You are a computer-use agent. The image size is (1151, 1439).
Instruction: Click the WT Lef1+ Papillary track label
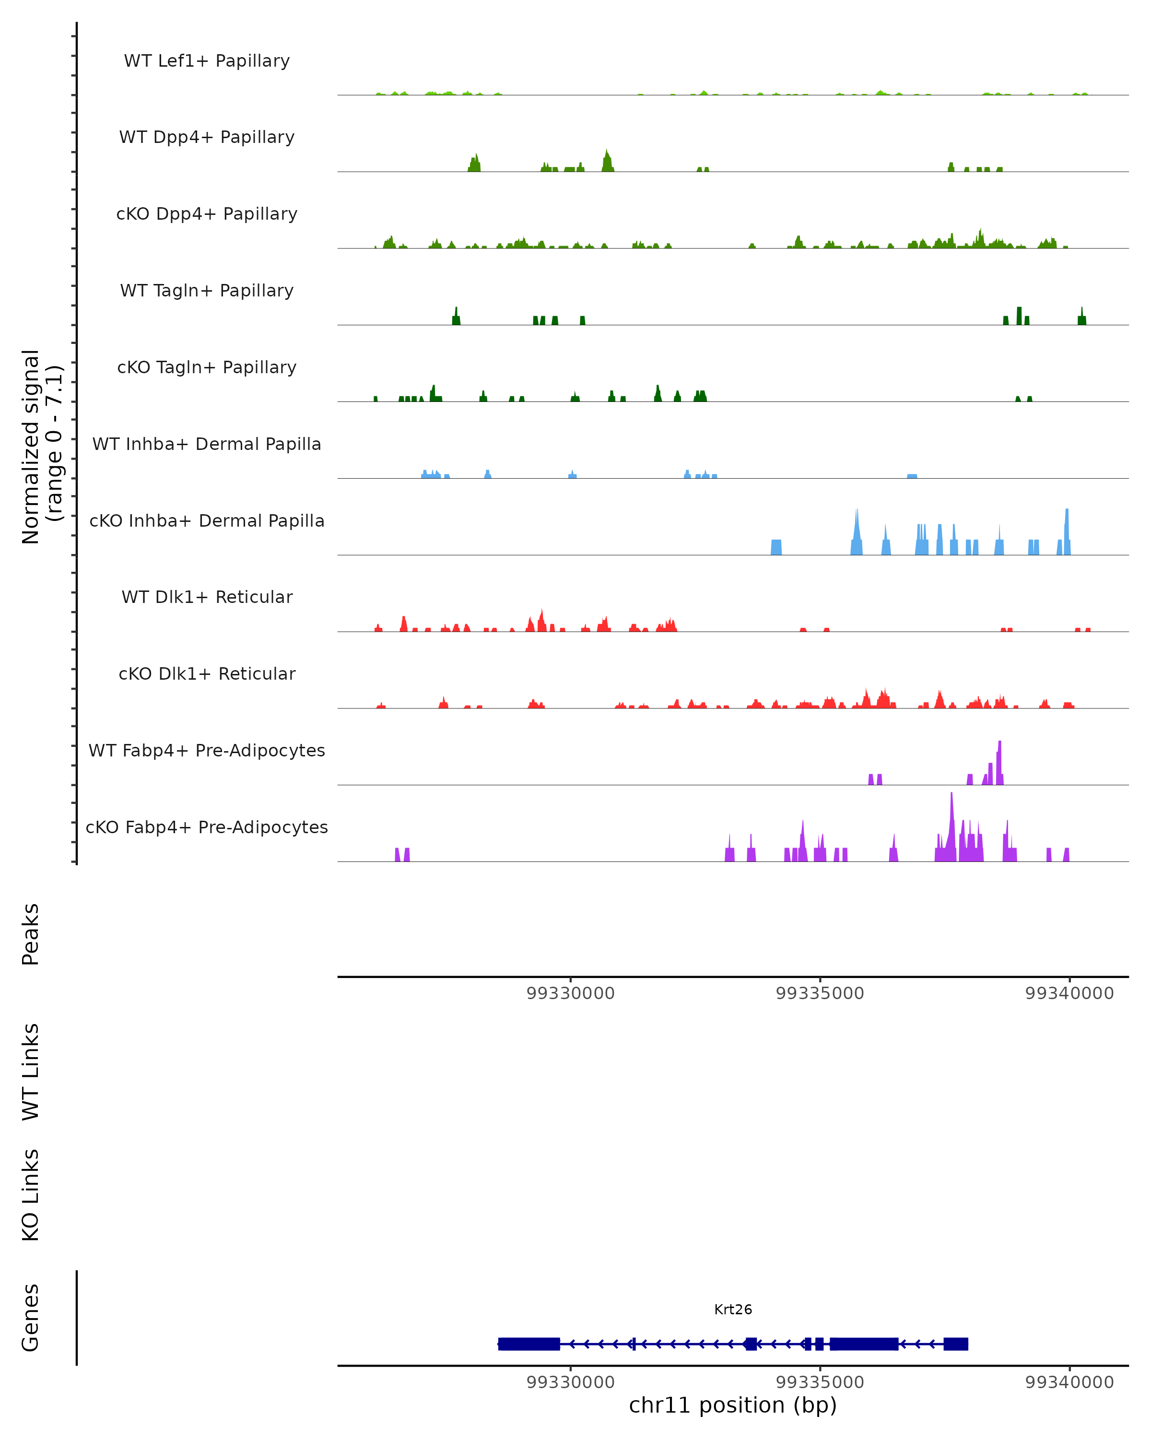pos(207,61)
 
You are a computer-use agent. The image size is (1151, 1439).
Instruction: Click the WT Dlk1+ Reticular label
pos(207,597)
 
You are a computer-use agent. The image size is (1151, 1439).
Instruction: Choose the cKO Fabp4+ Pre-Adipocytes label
pos(207,827)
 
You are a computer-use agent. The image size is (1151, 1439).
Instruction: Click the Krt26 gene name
pos(733,1309)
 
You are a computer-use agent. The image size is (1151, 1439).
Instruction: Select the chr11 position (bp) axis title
pos(733,1405)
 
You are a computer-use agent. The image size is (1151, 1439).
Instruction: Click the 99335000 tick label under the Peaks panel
pos(820,993)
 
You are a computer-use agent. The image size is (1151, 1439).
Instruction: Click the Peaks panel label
pos(31,934)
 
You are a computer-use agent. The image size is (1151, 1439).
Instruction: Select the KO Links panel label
pos(31,1195)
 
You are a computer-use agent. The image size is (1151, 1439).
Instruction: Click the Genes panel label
pos(31,1318)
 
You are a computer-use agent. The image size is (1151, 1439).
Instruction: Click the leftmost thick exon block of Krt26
pos(529,1344)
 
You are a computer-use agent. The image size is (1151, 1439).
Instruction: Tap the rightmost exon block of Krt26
pos(955,1344)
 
